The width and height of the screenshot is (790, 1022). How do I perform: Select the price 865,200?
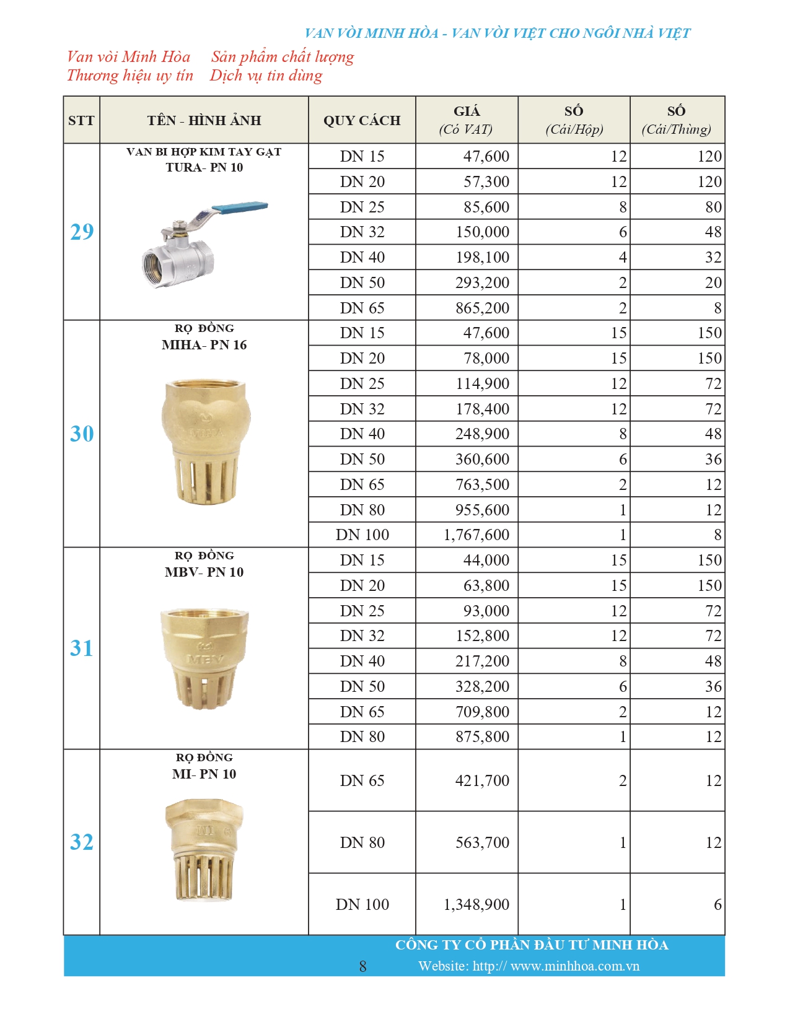tap(482, 308)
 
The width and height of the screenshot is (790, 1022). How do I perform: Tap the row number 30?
tap(82, 434)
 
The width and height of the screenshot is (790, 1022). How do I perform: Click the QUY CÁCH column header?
tap(362, 120)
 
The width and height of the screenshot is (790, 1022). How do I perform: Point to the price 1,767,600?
tap(476, 535)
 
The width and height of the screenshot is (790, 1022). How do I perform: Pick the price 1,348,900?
tap(476, 904)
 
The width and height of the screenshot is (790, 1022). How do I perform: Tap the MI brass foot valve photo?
tap(204, 849)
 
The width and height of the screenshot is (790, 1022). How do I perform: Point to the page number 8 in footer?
tap(362, 966)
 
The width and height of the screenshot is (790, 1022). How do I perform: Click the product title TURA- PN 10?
tap(204, 167)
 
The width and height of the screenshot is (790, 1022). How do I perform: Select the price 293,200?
tap(482, 282)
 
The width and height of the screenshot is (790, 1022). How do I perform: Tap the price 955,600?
tap(482, 510)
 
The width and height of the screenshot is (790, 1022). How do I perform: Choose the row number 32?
tap(82, 842)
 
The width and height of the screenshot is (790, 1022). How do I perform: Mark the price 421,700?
tap(482, 780)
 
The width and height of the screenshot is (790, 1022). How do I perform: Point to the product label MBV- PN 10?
tap(204, 572)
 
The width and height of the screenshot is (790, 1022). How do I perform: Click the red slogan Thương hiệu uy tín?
tap(130, 76)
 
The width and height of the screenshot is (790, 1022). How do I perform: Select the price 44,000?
tap(486, 560)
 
